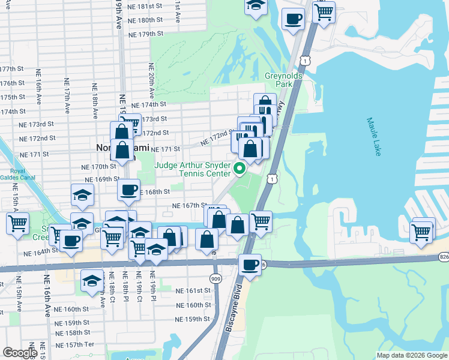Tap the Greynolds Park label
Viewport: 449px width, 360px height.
[x=282, y=80]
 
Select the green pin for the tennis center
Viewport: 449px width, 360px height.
[x=239, y=169]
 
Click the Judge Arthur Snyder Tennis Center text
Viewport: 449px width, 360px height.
[x=193, y=169]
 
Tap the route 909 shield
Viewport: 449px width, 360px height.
[x=215, y=278]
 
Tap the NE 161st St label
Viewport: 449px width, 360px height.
[x=193, y=290]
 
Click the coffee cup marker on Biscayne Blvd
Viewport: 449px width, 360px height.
[x=249, y=263]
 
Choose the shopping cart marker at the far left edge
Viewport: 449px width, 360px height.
[x=18, y=224]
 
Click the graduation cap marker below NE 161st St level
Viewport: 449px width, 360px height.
[x=92, y=281]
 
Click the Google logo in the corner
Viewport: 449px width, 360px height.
[x=19, y=353]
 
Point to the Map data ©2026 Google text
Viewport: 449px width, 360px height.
[x=412, y=355]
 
